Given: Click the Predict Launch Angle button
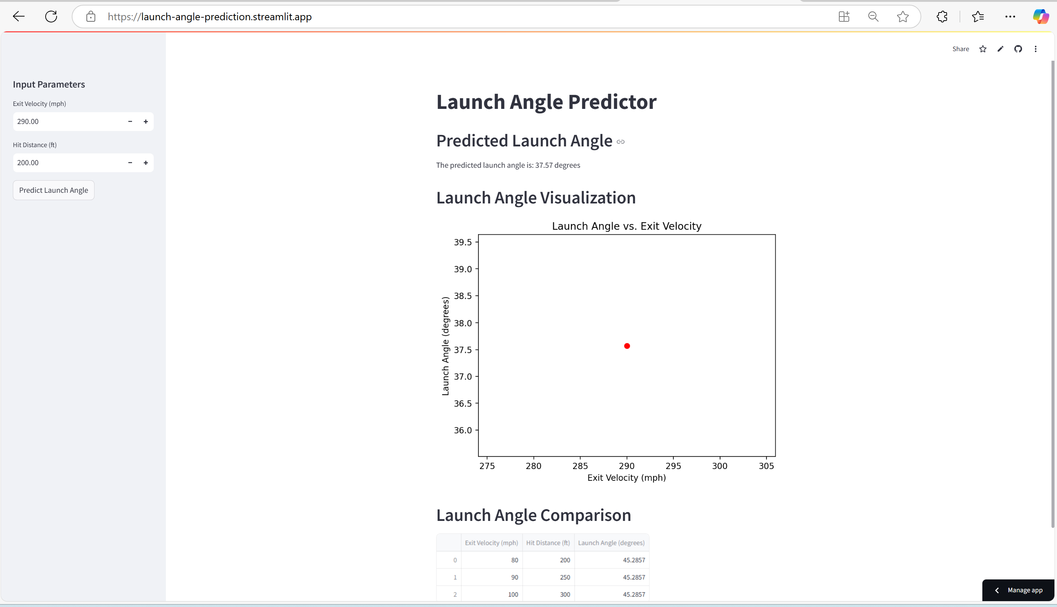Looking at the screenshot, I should [53, 190].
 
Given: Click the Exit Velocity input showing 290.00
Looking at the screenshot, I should [67, 121].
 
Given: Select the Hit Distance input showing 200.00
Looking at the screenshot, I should [67, 163].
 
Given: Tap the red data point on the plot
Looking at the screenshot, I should [627, 346].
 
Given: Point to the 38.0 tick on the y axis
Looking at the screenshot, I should [463, 323].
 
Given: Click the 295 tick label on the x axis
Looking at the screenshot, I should [673, 466].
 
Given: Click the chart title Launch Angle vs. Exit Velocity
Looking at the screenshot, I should [626, 226].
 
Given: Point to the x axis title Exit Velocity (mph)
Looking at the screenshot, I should [626, 478].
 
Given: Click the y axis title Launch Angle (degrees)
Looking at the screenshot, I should [445, 346].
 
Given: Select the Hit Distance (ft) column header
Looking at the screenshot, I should [548, 543].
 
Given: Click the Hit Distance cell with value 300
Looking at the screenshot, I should [565, 594].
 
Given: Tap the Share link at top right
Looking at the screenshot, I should [960, 49].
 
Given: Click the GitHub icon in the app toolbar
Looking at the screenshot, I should [1018, 49].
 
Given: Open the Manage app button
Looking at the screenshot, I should [1019, 590].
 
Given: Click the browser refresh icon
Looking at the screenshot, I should [51, 17].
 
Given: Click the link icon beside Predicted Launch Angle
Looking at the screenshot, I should [620, 142].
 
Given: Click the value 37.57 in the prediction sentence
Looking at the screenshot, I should [544, 165].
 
